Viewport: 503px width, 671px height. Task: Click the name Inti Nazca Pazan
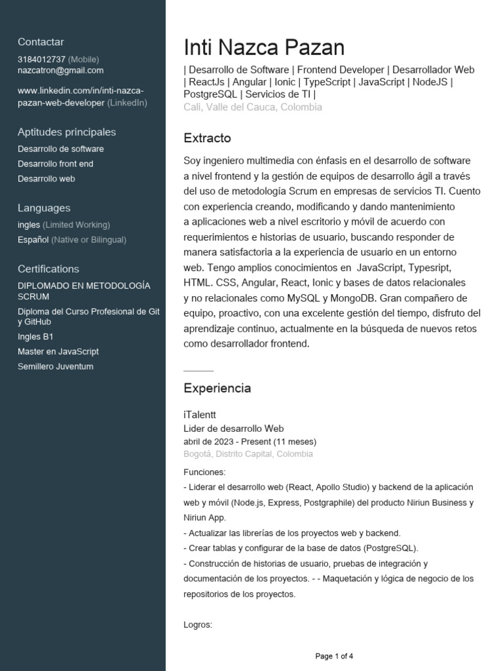pos(263,48)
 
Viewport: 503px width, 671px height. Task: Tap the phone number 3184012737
pos(41,59)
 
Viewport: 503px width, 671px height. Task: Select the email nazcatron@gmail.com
pos(60,70)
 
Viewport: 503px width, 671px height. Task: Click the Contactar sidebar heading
pos(41,42)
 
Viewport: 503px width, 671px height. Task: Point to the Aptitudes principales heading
pos(67,132)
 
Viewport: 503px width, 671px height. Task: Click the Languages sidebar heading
pos(44,208)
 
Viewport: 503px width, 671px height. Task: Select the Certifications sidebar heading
pos(48,269)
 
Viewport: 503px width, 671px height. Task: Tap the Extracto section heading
pos(207,138)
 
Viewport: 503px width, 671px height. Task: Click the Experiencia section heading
pos(217,388)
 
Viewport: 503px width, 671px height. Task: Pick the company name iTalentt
pos(200,415)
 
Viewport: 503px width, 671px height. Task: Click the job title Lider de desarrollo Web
pos(233,428)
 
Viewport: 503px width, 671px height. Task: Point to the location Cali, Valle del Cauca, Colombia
pos(253,107)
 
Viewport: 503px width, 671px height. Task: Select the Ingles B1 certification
pos(35,337)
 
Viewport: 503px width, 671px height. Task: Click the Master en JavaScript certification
pos(58,352)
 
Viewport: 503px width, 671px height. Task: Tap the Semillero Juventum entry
pos(56,366)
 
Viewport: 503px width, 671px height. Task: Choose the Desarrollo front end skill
pos(56,164)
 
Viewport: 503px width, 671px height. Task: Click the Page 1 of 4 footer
pos(334,656)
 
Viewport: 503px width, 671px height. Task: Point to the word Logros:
pos(198,624)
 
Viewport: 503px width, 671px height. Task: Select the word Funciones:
pos(204,472)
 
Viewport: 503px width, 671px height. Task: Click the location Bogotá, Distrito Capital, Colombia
pos(248,453)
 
